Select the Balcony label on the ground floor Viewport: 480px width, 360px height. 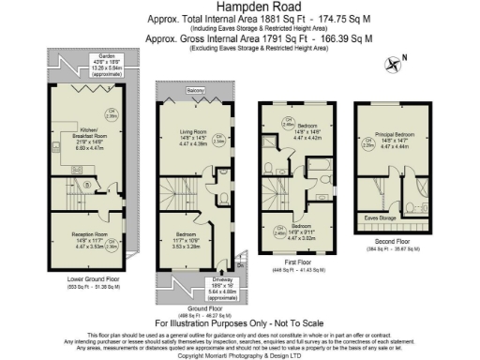[x=195, y=91]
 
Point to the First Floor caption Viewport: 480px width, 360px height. [x=291, y=262]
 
